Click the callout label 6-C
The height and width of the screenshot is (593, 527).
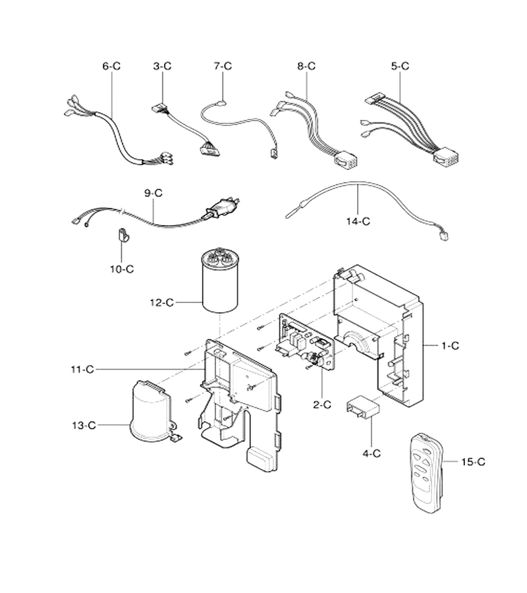[111, 66]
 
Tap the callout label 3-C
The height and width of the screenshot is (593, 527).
[162, 66]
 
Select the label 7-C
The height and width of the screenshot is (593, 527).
[223, 66]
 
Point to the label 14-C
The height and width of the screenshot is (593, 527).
[358, 221]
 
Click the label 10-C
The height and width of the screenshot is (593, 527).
[122, 269]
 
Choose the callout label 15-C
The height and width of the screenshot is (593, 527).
[473, 462]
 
